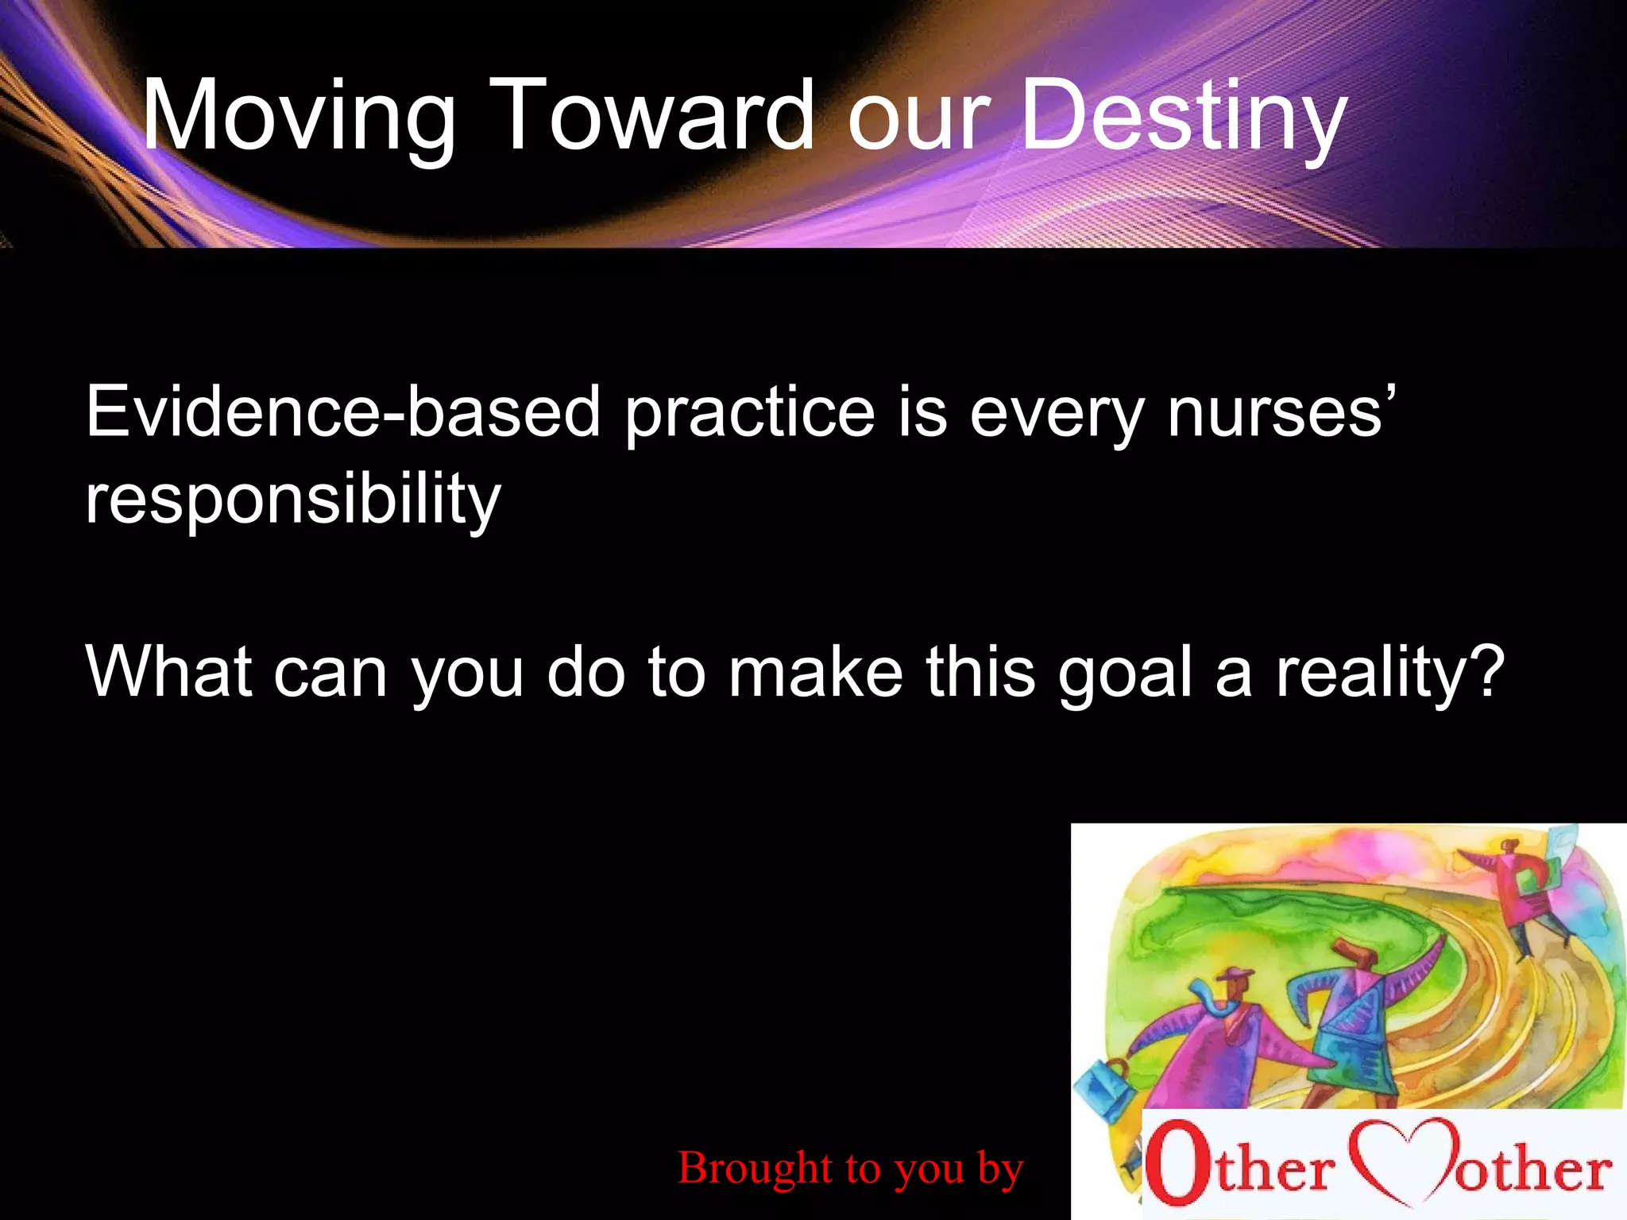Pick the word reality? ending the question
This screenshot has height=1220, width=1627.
[1390, 674]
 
